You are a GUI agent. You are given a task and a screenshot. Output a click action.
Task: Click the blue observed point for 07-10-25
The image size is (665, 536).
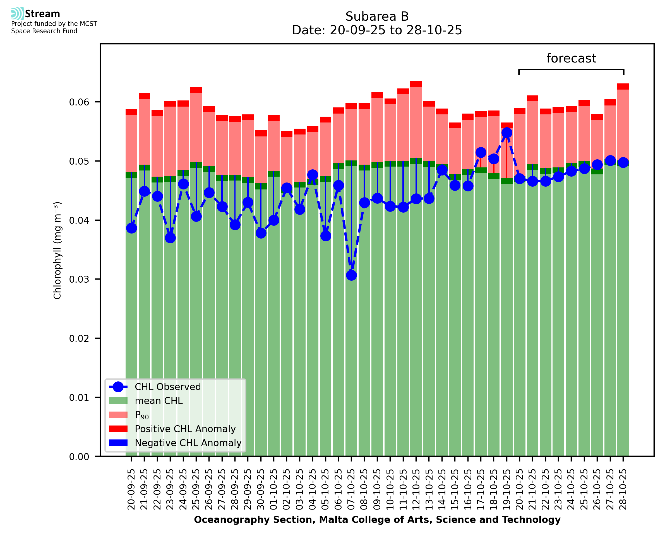coord(351,275)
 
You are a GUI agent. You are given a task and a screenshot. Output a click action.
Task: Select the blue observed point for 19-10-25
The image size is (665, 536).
coord(506,133)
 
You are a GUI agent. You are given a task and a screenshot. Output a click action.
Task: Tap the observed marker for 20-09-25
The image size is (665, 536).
coord(131,228)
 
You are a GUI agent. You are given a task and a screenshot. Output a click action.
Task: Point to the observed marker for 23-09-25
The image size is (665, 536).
coord(170,238)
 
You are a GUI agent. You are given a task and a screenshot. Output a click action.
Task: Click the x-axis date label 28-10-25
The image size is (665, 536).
coord(623,490)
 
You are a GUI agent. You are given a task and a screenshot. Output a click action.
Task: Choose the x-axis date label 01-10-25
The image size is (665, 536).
coord(274,490)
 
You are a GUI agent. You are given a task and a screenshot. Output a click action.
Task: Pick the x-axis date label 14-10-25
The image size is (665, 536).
coord(442,490)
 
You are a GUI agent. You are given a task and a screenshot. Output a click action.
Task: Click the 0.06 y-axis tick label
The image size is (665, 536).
coord(79,102)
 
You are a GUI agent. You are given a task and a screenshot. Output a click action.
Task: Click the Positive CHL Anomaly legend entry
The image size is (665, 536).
coord(185,429)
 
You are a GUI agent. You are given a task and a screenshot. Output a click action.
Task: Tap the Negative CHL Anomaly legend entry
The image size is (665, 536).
coord(188,443)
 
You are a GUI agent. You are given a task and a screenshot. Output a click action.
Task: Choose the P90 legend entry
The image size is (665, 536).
coord(142,415)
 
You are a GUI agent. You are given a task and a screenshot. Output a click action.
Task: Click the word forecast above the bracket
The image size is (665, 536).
coord(571,58)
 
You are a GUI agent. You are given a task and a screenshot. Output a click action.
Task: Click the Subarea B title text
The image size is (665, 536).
coord(377,16)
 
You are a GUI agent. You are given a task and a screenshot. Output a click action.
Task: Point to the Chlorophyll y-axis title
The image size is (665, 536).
coord(57,250)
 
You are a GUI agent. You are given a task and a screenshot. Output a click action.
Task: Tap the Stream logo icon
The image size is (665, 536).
coord(17,14)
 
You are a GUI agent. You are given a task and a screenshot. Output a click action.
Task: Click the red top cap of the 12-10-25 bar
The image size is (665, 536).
coord(416,84)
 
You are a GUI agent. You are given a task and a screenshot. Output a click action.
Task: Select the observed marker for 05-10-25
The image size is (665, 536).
coord(326,236)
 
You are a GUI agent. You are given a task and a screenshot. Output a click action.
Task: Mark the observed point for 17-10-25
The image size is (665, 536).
coord(481,153)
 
